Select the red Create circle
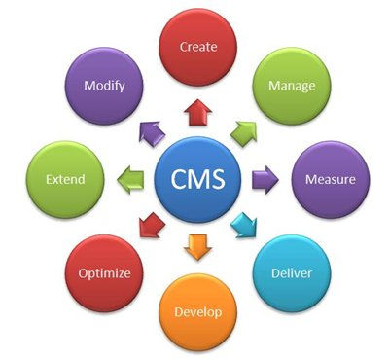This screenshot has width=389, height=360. tap(198, 47)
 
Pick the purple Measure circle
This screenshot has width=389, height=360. tap(330, 180)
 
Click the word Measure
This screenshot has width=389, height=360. tap(330, 180)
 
